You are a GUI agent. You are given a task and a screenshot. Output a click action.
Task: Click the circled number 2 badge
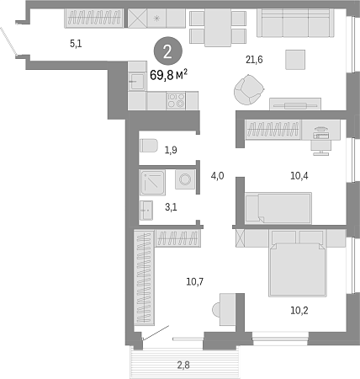tap(168, 51)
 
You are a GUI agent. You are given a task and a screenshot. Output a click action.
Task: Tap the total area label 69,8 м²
tap(168, 75)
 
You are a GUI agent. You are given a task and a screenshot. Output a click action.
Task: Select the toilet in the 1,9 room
tap(149, 146)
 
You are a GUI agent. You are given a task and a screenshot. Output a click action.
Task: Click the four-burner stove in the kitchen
tap(176, 100)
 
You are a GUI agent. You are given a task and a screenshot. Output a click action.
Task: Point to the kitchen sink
tap(137, 82)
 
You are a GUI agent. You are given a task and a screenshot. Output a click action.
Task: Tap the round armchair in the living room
tap(248, 89)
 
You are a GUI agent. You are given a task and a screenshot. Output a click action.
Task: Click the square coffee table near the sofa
tap(295, 60)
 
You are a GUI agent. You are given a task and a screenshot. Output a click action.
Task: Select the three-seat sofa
tap(295, 23)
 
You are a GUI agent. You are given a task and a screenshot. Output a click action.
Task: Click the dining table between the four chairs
tap(218, 28)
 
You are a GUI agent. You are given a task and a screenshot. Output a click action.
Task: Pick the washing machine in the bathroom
tap(185, 179)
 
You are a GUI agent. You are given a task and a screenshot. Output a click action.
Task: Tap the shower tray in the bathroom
tap(152, 183)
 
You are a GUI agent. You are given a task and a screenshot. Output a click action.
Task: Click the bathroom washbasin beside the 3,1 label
tap(146, 211)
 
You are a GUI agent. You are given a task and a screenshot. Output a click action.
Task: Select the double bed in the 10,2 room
tap(298, 264)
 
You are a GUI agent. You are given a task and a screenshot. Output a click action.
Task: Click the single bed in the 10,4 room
tap(278, 208)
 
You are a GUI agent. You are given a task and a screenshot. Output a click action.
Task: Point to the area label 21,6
tap(254, 60)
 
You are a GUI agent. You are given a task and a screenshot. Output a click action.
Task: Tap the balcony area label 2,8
tap(183, 365)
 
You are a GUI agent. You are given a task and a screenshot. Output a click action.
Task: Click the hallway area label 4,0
tap(217, 176)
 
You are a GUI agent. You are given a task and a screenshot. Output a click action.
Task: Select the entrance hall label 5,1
tap(76, 44)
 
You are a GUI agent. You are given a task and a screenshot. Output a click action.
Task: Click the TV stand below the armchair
tap(295, 104)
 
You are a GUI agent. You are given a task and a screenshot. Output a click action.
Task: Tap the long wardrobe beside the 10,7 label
tap(144, 277)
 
